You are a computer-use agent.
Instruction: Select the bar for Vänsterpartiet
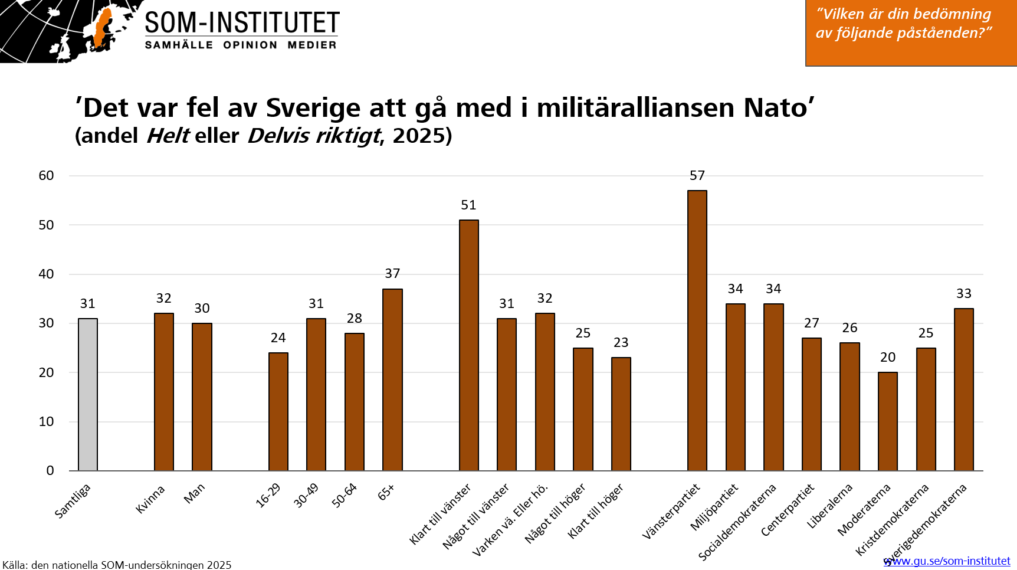[697, 330]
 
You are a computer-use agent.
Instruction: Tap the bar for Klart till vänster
[468, 345]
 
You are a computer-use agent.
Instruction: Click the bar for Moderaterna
[887, 421]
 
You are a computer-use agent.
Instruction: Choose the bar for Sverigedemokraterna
[963, 389]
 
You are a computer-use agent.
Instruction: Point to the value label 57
[697, 176]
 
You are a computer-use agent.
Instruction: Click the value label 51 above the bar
[468, 205]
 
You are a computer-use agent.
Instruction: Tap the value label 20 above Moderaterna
[887, 358]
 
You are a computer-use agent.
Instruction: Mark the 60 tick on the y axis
[46, 176]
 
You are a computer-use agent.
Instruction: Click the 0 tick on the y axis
[50, 471]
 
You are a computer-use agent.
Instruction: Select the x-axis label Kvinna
[150, 500]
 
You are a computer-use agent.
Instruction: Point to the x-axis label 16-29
[268, 496]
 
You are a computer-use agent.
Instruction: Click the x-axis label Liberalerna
[829, 506]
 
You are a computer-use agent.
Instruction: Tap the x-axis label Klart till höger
[595, 511]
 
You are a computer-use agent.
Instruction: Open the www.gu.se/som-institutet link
[947, 561]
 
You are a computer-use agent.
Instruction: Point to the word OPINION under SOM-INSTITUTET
[250, 45]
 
